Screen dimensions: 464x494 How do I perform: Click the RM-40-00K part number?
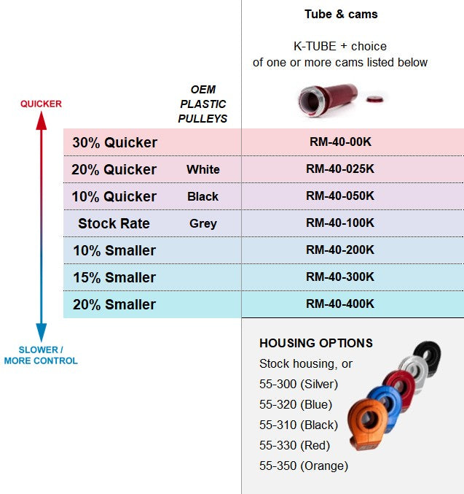[340, 142]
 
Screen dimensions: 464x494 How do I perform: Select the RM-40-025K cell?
[340, 169]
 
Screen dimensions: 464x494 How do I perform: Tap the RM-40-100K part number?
[340, 223]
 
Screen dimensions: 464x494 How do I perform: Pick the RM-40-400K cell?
[340, 304]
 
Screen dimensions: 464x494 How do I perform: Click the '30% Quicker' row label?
[114, 142]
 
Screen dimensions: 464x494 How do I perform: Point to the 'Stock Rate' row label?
[114, 224]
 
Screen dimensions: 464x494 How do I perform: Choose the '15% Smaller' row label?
[114, 277]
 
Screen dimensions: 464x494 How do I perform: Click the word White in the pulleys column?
[203, 169]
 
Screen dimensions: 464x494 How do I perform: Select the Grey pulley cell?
[203, 224]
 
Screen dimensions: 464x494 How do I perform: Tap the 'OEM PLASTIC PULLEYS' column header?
[203, 104]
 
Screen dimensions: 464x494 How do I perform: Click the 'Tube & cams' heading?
[341, 14]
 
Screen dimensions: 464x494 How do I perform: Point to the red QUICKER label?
[41, 104]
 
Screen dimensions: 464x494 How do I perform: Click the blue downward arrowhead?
[42, 332]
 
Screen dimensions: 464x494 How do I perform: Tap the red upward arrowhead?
[42, 120]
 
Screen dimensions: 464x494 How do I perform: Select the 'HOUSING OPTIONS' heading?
[316, 343]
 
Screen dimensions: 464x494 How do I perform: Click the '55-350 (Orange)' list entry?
[304, 466]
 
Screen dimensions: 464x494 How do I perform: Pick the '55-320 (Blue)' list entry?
[296, 404]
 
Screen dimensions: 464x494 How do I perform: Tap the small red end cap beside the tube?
[374, 99]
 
